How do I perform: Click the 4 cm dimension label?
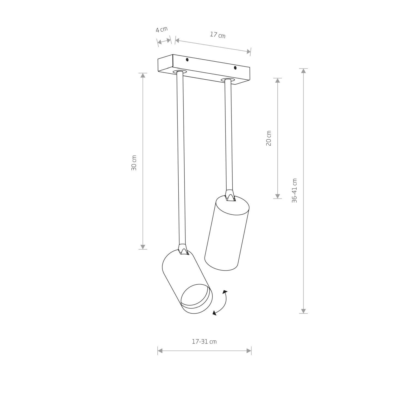pos(161,29)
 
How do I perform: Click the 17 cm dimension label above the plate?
pos(218,35)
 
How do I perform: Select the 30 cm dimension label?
pos(134,163)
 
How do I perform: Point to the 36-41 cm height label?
pos(294,191)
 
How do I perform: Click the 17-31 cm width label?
pos(204,341)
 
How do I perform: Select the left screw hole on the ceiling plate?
pos(187,59)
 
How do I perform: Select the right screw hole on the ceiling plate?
pos(235,67)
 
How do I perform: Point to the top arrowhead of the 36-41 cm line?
pos(303,71)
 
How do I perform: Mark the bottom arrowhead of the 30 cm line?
pos(143,247)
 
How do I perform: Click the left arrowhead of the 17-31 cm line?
pos(160,351)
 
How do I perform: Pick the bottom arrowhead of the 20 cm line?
pos(278,196)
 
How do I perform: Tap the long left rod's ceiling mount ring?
pos(179,72)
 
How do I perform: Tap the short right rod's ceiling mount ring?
pos(228,80)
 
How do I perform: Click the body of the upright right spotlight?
pos(226,234)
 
